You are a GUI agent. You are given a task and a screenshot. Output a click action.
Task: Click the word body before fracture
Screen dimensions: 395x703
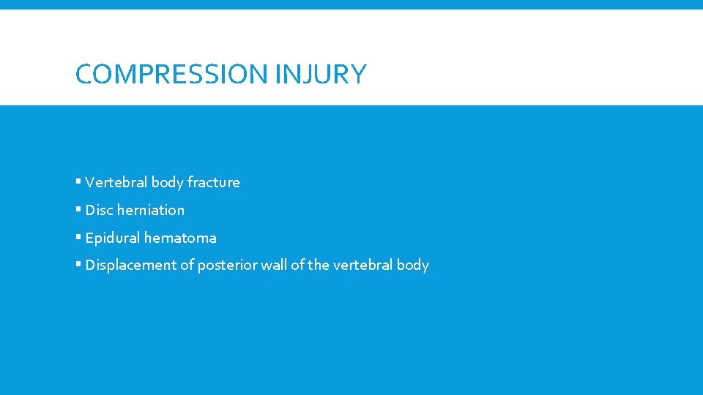[x=165, y=183]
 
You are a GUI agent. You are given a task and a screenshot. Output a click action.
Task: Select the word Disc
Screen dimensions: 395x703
[x=99, y=210]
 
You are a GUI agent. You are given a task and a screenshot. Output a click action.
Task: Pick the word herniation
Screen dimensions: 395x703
[x=151, y=210]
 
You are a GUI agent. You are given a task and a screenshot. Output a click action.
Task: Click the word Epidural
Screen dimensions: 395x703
[x=113, y=238]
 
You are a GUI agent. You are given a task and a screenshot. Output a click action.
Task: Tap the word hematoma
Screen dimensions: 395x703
[x=180, y=238]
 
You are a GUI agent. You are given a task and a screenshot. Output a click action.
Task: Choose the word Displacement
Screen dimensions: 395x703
[x=130, y=266]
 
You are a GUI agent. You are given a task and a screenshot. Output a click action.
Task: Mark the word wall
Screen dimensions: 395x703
[x=273, y=265]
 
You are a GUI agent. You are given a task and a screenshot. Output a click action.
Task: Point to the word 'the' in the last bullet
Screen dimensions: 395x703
[x=318, y=265]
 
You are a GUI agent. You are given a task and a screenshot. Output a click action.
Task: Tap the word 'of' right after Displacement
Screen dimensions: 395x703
[x=186, y=265]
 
